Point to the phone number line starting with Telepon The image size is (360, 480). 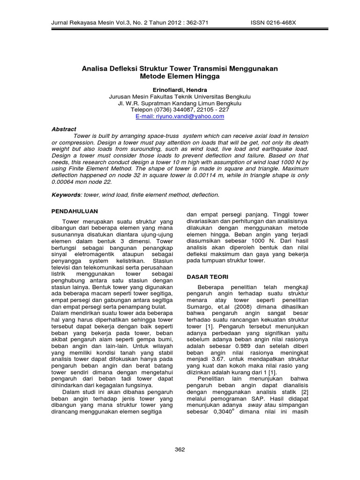(x=180, y=109)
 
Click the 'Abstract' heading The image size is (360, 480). (x=64, y=129)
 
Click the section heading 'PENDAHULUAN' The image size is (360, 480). (x=75, y=211)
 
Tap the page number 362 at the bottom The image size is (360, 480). (x=180, y=449)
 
